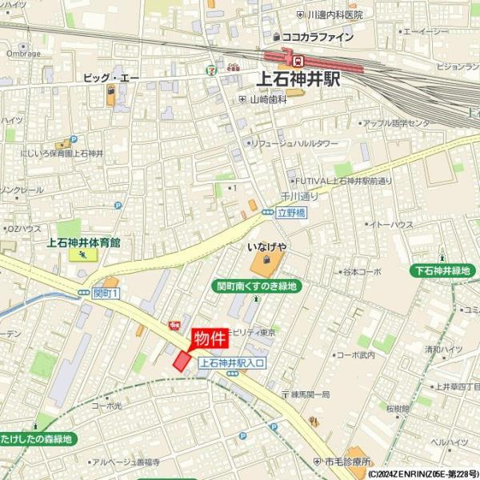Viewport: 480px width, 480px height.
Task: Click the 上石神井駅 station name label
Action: coord(298,79)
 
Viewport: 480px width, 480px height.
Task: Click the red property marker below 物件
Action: coord(183,362)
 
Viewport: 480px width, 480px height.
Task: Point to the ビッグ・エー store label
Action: coord(111,78)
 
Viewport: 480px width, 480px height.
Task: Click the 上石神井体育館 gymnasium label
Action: coord(83,242)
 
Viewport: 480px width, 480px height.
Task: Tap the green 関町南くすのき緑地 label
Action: coord(257,286)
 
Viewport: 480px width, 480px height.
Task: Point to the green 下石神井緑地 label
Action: coord(440,270)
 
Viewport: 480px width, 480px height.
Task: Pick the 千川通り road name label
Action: coord(299,196)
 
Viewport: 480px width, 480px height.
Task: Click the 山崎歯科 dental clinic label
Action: coord(268,99)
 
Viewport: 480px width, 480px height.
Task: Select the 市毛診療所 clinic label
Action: coord(347,462)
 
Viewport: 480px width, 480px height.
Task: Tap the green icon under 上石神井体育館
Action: coord(83,255)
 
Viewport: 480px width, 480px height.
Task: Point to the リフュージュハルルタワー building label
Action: coord(294,143)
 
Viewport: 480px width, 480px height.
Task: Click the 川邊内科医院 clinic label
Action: coord(334,14)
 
